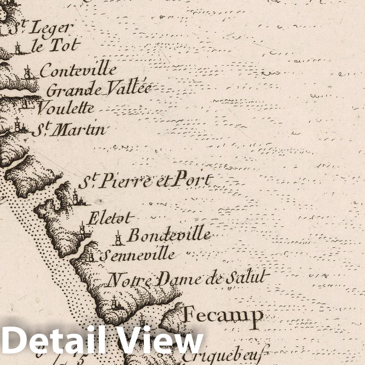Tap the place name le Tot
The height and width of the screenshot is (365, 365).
[56, 46]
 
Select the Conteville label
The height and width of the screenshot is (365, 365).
[78, 70]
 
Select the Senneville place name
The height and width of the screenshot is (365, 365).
[137, 255]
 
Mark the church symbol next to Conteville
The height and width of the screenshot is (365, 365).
[27, 73]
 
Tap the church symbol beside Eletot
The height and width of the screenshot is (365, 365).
[82, 228]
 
